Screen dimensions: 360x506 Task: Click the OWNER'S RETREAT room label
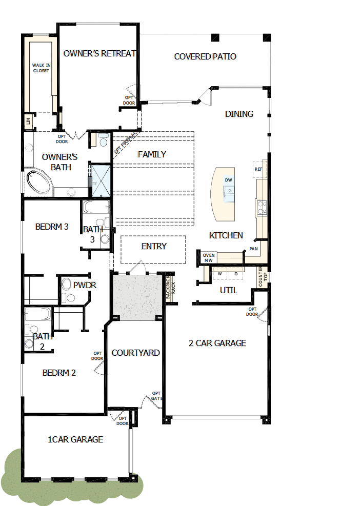[99, 53]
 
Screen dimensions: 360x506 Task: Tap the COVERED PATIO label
[205, 56]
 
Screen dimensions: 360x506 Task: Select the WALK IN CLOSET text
[41, 68]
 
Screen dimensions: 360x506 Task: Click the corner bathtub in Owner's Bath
[38, 181]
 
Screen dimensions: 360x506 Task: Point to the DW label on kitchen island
[228, 180]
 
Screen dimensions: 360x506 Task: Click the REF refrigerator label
[258, 169]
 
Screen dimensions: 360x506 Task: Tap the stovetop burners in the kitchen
[262, 208]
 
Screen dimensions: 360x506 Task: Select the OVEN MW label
[209, 258]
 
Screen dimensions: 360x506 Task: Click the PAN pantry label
[253, 249]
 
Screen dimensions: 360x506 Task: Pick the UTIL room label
[229, 291]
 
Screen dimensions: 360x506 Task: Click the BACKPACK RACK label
[170, 287]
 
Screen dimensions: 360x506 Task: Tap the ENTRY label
[154, 246]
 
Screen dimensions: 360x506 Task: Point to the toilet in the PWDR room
[67, 284]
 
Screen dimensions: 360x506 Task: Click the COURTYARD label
[135, 353]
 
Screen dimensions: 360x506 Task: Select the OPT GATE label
[156, 396]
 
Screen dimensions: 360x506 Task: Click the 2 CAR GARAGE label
[217, 343]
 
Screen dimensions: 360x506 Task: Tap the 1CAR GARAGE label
[75, 439]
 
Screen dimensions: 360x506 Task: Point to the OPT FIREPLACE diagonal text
[126, 142]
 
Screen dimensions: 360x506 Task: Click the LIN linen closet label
[28, 121]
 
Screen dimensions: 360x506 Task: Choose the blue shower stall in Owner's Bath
[101, 180]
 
